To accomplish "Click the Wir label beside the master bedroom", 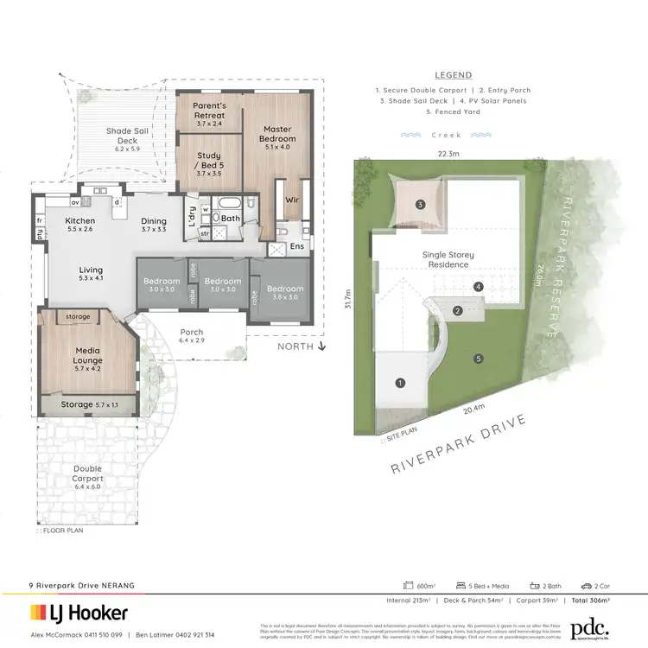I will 292,200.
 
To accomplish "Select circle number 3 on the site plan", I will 420,205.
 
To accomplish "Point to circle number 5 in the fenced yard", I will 477,359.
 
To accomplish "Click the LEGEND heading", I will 453,75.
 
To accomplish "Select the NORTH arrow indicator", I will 301,346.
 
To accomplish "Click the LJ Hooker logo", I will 79,613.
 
